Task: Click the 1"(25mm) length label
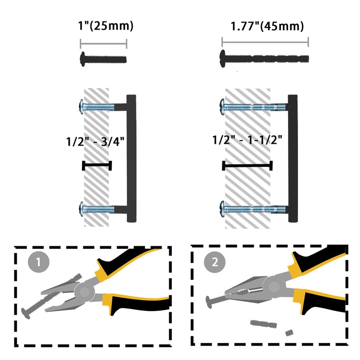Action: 103,26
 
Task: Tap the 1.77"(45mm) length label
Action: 267,26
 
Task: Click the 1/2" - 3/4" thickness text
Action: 94,141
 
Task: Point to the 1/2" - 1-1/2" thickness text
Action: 247,139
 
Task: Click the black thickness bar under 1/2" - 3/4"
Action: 97,166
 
